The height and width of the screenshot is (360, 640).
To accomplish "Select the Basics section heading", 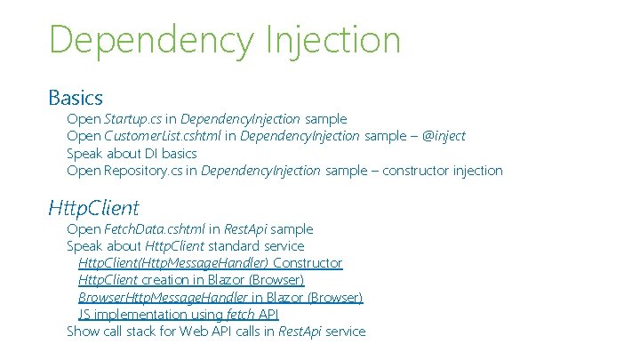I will (x=76, y=97).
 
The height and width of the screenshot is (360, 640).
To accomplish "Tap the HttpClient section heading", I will (x=93, y=208).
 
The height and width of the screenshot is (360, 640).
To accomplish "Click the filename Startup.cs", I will (x=132, y=118).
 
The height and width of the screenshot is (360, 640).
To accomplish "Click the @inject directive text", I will (x=444, y=136).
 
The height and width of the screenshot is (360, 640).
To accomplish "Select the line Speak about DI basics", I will (x=132, y=153).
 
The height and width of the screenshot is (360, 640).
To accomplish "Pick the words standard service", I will (x=256, y=245).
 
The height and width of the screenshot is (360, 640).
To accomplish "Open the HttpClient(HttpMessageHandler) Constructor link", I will (x=210, y=263).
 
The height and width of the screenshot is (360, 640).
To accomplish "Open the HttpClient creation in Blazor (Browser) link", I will (x=191, y=280).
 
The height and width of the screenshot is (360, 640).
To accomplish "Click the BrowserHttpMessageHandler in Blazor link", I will (x=220, y=297).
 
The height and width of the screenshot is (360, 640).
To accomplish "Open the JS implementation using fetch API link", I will (x=178, y=314).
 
